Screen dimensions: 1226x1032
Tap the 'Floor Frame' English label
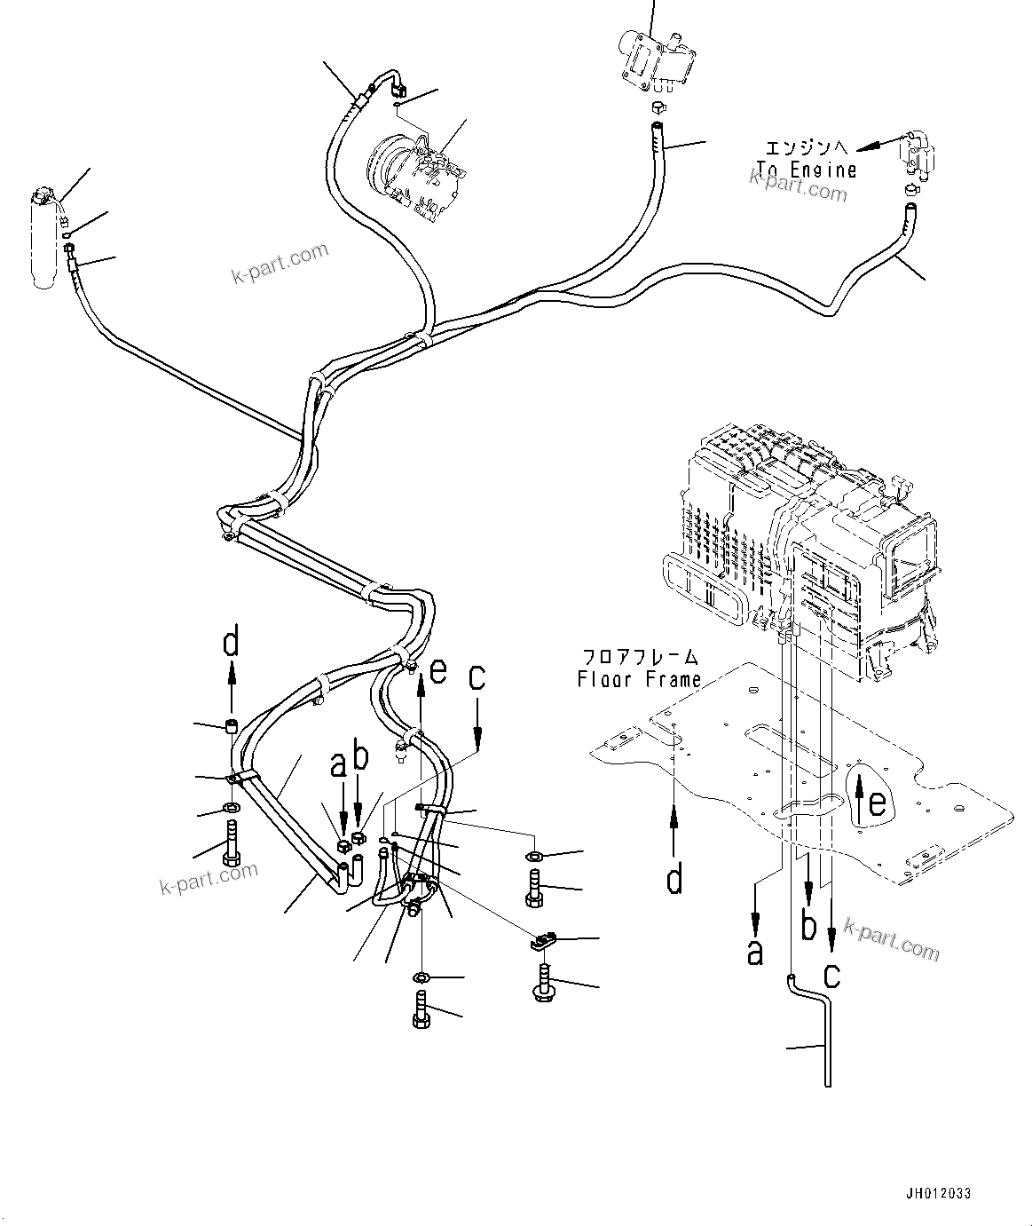click(x=639, y=680)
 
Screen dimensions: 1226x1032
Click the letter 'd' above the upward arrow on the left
click(x=232, y=644)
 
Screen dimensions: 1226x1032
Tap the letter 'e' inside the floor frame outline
click(x=877, y=803)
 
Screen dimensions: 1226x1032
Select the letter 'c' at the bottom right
click(x=831, y=975)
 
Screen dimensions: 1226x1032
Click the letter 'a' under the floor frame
click(x=755, y=953)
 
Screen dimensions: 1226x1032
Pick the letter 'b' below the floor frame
click(x=808, y=927)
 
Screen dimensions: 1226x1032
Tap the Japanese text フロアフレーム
click(x=639, y=658)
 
